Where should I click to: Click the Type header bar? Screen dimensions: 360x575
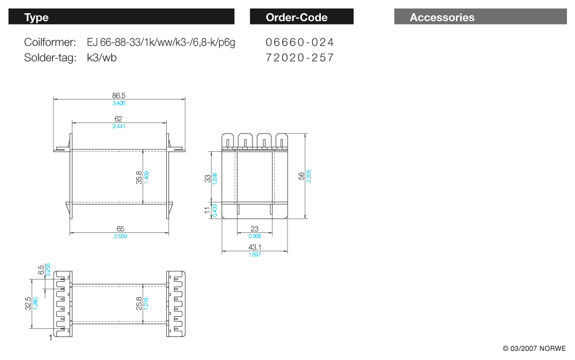tap(121, 17)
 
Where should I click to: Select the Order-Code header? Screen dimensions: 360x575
tap(301, 17)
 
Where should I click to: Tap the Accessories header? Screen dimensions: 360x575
tap(480, 17)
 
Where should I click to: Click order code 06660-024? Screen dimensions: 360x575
tap(300, 43)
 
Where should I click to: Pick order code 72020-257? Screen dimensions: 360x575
tap(300, 58)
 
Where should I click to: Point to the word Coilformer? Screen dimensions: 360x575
tap(50, 43)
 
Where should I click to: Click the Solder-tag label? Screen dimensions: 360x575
tap(50, 58)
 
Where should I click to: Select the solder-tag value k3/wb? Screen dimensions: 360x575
tap(102, 58)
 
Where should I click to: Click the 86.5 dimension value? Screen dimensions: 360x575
tap(119, 95)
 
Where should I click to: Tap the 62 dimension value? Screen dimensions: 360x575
tap(118, 119)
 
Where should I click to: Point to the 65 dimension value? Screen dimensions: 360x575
tap(120, 229)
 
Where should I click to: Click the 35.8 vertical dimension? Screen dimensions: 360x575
tap(139, 177)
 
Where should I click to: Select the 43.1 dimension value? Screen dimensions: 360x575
tap(255, 247)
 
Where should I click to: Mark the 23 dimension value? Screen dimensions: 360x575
tap(255, 229)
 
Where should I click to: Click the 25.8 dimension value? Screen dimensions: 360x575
tap(139, 303)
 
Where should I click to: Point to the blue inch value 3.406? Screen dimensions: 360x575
tap(119, 104)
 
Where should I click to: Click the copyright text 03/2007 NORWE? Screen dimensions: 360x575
tap(534, 348)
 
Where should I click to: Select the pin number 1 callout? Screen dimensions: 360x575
tap(51, 338)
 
